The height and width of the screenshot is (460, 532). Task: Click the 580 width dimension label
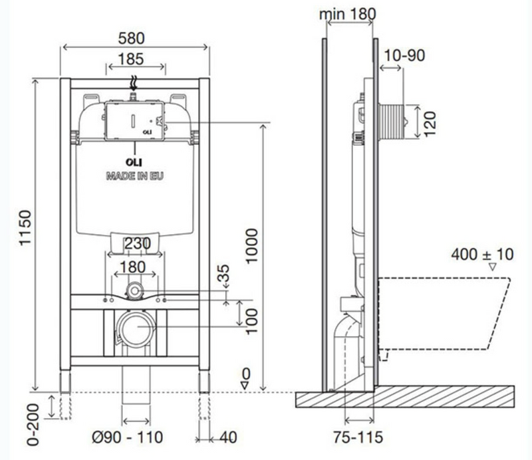(x=131, y=38)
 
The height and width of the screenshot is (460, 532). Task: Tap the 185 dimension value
(x=131, y=59)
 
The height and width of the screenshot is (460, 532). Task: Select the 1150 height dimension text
(x=25, y=227)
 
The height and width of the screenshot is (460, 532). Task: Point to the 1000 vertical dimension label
(x=252, y=246)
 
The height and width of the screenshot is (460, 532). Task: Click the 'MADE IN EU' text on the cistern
(x=135, y=176)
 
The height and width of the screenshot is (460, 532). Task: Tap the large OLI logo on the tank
(x=134, y=162)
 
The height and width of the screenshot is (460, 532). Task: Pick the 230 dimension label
(x=138, y=243)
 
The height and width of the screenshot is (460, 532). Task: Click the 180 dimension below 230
(x=132, y=267)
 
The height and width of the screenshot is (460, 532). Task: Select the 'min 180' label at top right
(x=348, y=14)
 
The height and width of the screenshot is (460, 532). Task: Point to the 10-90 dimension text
(x=404, y=55)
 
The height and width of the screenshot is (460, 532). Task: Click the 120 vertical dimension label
(x=430, y=124)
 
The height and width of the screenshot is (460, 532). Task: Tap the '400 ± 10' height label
(x=482, y=255)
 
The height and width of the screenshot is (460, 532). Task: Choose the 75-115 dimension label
(x=358, y=437)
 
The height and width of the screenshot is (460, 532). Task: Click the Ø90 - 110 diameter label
(x=128, y=437)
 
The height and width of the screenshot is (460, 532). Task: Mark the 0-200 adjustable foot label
(x=33, y=424)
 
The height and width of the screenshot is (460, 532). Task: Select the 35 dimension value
(x=223, y=273)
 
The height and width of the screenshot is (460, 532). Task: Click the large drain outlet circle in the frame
(x=136, y=328)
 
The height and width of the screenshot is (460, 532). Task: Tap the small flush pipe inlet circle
(x=135, y=290)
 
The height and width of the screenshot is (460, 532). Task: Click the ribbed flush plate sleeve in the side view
(x=391, y=122)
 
